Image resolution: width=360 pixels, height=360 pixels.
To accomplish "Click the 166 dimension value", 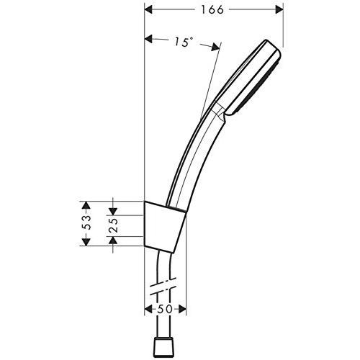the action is tap(212, 10).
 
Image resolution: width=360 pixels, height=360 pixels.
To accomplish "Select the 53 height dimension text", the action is tap(87, 222).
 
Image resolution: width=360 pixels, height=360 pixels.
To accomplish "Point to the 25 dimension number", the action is tap(114, 225).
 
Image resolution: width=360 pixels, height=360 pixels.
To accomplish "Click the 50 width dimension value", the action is tap(165, 309).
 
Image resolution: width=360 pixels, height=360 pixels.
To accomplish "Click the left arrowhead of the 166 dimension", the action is tap(148, 10).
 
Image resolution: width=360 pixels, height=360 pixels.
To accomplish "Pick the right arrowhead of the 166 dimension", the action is tap(279, 10).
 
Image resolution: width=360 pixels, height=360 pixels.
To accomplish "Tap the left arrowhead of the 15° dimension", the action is tap(148, 39).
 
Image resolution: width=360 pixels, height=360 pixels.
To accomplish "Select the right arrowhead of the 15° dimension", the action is tap(215, 47).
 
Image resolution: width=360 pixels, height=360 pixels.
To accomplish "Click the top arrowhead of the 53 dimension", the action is tap(86, 205).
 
